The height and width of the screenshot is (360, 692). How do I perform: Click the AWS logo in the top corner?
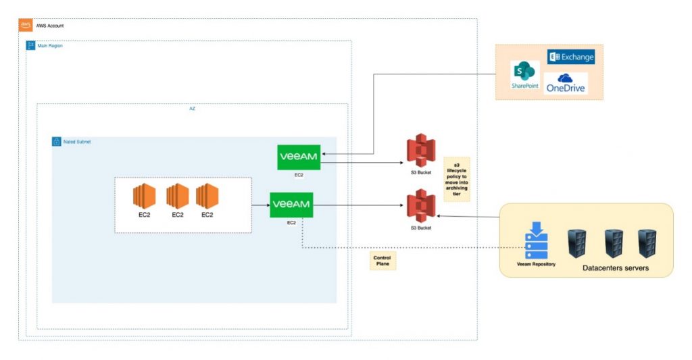[25, 24]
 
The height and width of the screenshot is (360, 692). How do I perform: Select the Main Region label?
[43, 46]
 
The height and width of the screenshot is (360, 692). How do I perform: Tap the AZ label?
[192, 109]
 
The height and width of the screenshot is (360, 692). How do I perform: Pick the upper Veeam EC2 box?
[298, 157]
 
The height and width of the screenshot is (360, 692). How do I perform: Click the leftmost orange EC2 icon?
[144, 196]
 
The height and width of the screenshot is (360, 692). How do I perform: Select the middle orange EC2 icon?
[177, 196]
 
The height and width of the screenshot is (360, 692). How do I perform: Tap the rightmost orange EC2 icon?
[207, 196]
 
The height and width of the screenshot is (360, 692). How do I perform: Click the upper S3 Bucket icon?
[420, 152]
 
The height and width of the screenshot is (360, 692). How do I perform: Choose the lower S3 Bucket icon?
[420, 207]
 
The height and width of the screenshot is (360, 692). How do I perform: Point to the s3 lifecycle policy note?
[456, 179]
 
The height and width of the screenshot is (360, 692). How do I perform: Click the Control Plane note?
[382, 261]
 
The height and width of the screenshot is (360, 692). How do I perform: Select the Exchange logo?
[571, 57]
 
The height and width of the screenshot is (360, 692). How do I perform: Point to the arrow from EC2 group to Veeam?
[260, 204]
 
